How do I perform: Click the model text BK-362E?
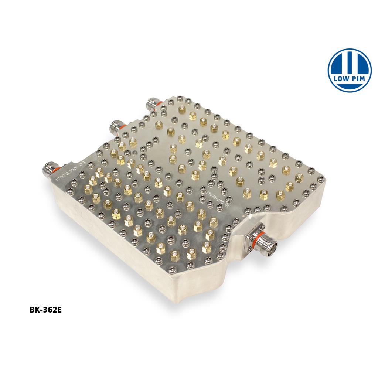tap(45, 310)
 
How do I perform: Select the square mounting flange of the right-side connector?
tap(255, 235)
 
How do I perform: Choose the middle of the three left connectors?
tap(116, 127)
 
